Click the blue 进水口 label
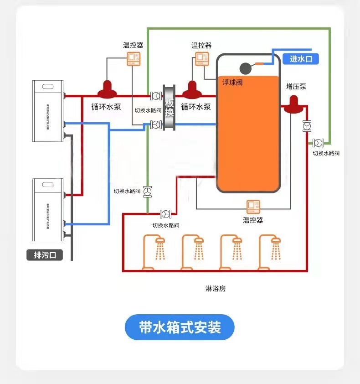point(301,59)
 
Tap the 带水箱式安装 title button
point(180,327)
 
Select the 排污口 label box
point(45,255)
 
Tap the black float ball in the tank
point(246,67)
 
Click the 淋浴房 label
point(216,289)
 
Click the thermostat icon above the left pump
point(134,59)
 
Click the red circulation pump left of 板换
point(108,90)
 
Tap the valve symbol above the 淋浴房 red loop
point(165,213)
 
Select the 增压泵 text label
point(296,86)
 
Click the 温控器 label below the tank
point(252,220)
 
